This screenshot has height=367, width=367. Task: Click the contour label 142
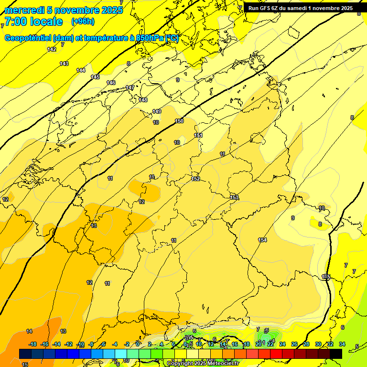52,49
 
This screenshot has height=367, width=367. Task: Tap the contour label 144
81,70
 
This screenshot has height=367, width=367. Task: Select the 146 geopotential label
111,83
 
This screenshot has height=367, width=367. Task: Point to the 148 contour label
143,100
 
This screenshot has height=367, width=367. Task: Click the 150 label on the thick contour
179,121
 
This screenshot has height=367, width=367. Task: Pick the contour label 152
195,179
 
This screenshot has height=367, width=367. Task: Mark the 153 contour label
234,197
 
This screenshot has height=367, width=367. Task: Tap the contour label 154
262,240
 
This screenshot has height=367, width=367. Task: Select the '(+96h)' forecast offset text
83,22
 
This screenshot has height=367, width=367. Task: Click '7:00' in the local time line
15,22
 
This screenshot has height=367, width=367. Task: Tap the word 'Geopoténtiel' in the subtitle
28,38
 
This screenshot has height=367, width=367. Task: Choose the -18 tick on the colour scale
33,344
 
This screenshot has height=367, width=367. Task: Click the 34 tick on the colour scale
342,344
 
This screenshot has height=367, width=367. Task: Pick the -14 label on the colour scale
56,344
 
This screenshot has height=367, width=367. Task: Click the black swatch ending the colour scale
336,354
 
